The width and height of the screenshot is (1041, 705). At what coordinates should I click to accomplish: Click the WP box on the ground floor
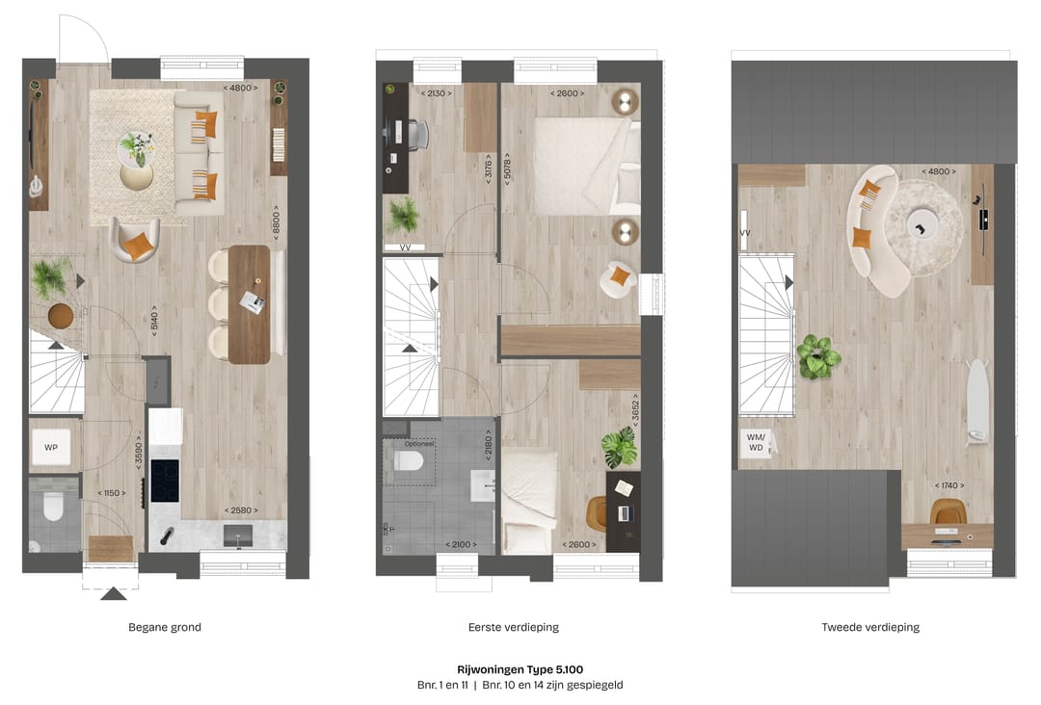pos(51,447)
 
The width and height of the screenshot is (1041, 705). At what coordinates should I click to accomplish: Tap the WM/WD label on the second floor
pos(756,442)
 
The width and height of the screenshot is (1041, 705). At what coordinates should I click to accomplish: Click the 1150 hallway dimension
pos(112,493)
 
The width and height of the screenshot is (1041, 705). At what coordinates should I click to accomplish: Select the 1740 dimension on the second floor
pos(948,485)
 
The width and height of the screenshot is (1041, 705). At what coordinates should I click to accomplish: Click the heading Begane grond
pos(165,627)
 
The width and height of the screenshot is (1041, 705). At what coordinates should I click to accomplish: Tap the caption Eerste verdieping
pos(514,627)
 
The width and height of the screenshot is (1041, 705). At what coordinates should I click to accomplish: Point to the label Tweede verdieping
pos(870,627)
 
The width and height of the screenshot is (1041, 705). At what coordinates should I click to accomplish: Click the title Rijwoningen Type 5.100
pos(520,668)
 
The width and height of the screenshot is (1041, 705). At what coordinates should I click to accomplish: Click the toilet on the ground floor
pos(53,506)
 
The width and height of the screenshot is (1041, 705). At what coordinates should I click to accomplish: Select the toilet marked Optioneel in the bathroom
pos(409,461)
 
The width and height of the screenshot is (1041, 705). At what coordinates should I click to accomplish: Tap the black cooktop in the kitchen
pos(165,480)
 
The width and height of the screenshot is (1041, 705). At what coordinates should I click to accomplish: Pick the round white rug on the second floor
pos(923,227)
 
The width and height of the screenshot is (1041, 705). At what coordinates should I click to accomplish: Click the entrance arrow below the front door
pos(114,593)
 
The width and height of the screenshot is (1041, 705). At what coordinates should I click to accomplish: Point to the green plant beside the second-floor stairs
pos(818,356)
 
